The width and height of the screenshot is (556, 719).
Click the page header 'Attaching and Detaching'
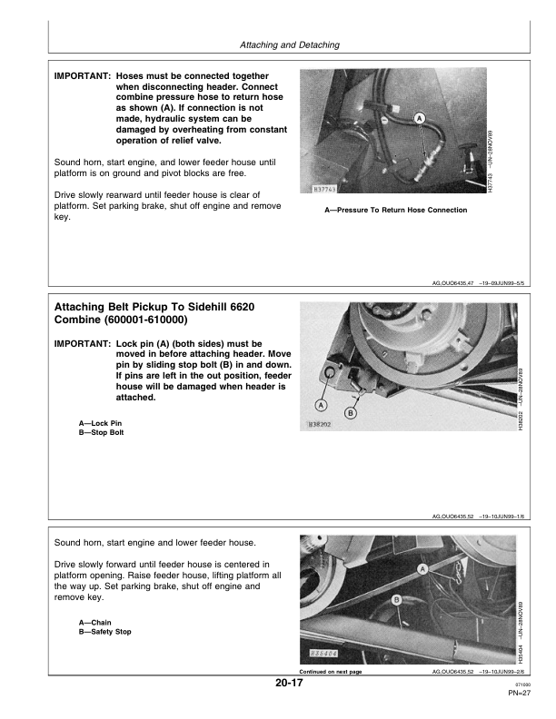290,45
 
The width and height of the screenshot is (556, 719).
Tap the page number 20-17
289,683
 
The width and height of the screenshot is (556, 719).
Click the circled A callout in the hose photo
420,119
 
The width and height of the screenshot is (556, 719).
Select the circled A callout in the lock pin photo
321,406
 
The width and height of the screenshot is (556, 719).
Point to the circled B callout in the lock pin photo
351,413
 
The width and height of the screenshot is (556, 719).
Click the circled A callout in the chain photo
422,569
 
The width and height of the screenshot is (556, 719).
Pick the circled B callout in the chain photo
397,600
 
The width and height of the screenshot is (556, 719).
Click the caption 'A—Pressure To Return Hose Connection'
395,210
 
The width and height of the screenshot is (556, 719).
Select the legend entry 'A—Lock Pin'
100,423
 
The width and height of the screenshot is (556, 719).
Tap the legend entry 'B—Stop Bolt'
101,432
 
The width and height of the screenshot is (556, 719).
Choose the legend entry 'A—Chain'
95,623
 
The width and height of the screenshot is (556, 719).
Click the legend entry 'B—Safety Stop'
104,632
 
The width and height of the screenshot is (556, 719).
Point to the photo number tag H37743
323,189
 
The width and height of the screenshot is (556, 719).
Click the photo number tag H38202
319,425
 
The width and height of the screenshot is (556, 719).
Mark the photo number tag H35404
324,654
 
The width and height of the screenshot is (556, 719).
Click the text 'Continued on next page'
331,672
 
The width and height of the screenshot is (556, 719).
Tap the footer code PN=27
519,693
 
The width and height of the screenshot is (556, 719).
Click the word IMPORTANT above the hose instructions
83,76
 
